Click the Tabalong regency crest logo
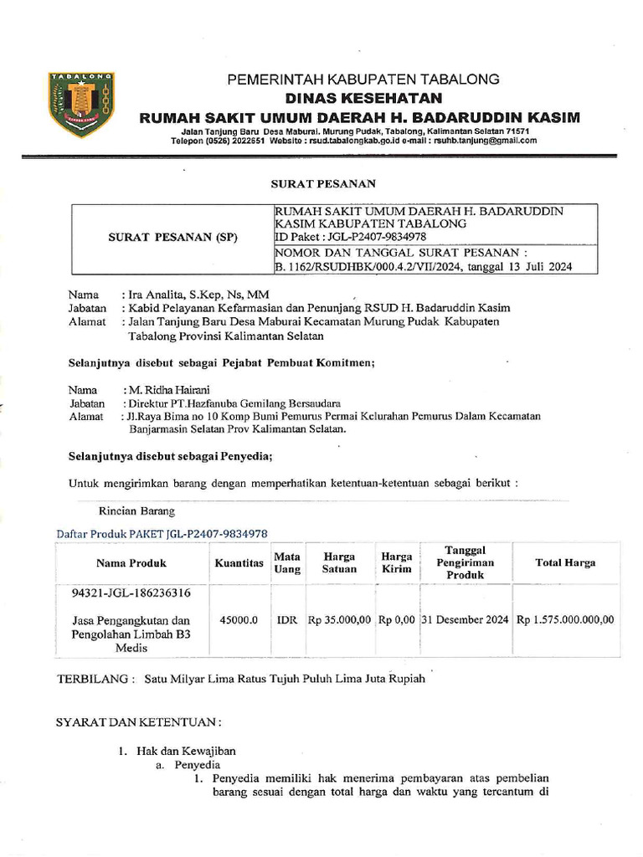(x=81, y=104)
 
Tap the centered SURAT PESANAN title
(x=322, y=183)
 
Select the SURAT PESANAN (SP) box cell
(x=173, y=238)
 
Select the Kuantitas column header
(x=239, y=562)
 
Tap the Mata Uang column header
(x=287, y=562)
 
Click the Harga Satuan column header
(x=339, y=562)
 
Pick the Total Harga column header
(x=565, y=562)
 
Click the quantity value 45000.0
(x=239, y=620)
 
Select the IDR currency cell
(x=287, y=620)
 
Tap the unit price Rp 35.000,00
(x=339, y=620)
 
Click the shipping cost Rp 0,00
(x=396, y=620)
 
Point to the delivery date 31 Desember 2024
(x=465, y=620)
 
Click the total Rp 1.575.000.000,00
(x=565, y=620)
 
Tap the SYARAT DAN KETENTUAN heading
(x=138, y=721)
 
